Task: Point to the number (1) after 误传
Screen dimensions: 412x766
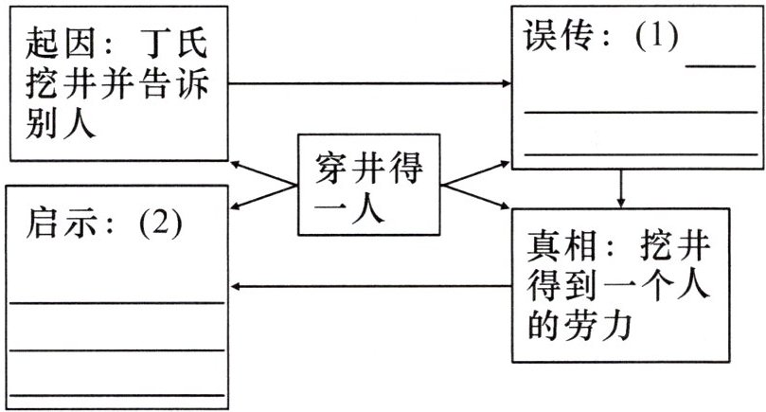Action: [x=657, y=37]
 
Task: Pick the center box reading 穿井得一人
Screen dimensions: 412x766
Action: [x=368, y=185]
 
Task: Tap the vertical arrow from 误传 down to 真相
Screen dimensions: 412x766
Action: [x=620, y=188]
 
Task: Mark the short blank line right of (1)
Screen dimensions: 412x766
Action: [x=721, y=65]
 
